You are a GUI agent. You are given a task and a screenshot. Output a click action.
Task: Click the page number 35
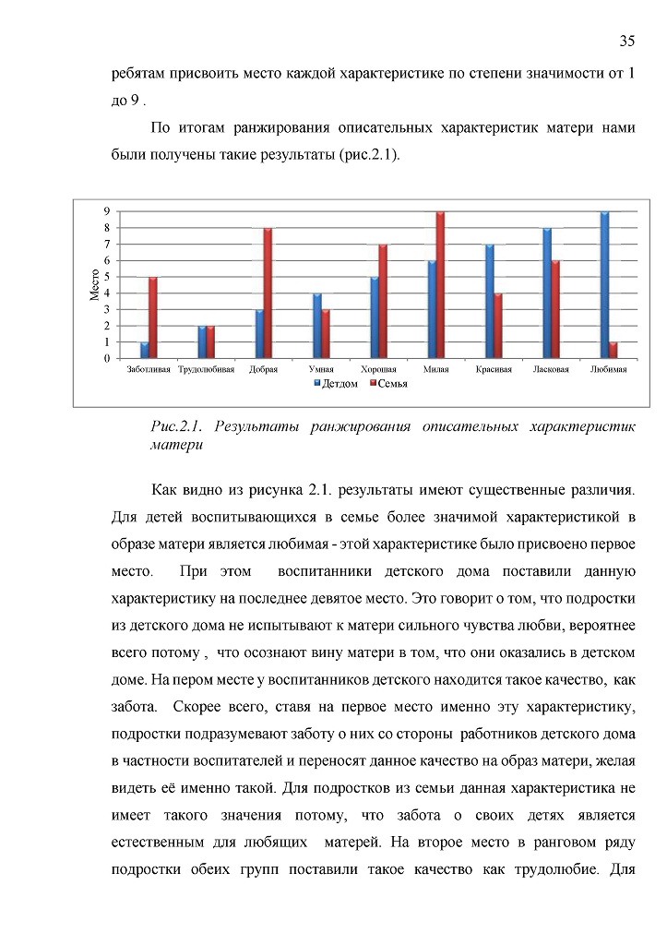[626, 41]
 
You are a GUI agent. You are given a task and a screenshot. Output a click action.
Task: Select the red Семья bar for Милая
[441, 285]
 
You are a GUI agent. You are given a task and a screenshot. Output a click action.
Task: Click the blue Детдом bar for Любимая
[604, 285]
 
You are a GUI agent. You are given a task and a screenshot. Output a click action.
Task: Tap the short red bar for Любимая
[613, 350]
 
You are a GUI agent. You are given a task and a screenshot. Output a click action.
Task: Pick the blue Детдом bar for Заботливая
[144, 350]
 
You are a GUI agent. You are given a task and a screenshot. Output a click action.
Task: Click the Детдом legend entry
[337, 383]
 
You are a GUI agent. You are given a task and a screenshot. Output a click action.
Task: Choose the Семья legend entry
[387, 383]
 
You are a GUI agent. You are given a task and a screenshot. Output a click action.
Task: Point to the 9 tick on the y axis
[107, 212]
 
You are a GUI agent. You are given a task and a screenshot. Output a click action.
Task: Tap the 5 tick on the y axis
[107, 277]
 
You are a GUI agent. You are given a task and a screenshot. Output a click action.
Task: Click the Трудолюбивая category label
[204, 370]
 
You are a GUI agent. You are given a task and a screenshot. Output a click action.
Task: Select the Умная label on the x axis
[320, 370]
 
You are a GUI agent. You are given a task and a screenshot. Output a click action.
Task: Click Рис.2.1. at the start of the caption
[175, 426]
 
